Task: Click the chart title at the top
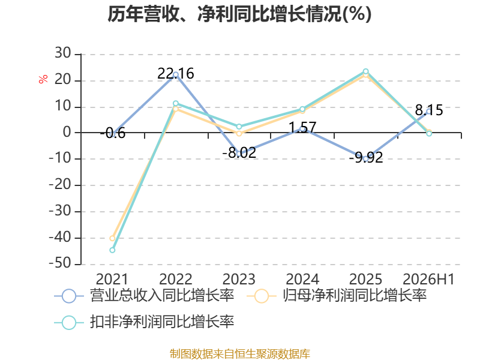pyautogui.click(x=239, y=14)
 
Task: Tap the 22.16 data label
pyautogui.click(x=176, y=73)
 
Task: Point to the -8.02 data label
pyautogui.click(x=239, y=153)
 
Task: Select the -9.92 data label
pyautogui.click(x=366, y=158)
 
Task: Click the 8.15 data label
pyautogui.click(x=429, y=110)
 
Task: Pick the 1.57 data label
pyautogui.click(x=302, y=127)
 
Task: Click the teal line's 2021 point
pyautogui.click(x=112, y=250)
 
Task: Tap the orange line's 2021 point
pyautogui.click(x=112, y=238)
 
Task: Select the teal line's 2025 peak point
pyautogui.click(x=365, y=71)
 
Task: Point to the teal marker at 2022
pyautogui.click(x=176, y=103)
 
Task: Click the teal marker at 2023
pyautogui.click(x=239, y=127)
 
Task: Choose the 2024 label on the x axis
pyautogui.click(x=302, y=279)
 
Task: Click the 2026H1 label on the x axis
pyautogui.click(x=428, y=279)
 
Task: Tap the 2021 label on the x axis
pyautogui.click(x=112, y=279)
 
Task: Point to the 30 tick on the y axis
pyautogui.click(x=63, y=53)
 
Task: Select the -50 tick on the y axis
pyautogui.click(x=60, y=263)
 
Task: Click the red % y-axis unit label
pyautogui.click(x=43, y=79)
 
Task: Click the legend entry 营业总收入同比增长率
pyautogui.click(x=144, y=296)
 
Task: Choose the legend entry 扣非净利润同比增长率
pyautogui.click(x=144, y=322)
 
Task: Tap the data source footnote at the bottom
pyautogui.click(x=240, y=354)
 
